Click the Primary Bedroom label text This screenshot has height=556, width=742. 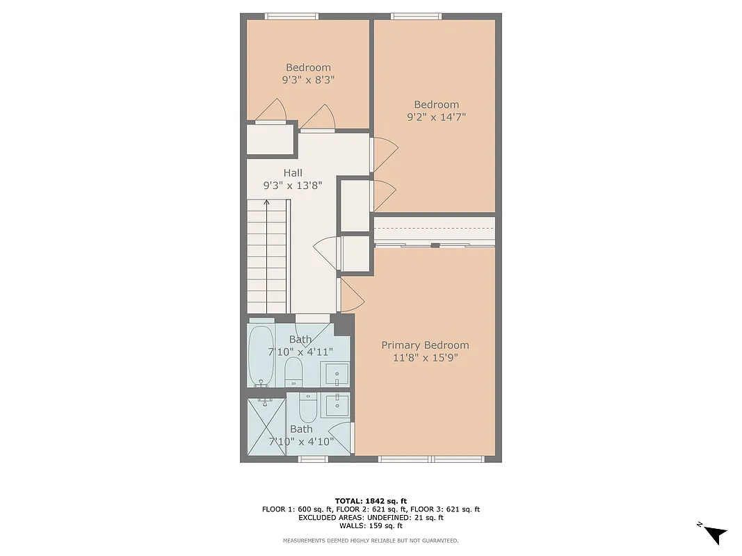(425, 345)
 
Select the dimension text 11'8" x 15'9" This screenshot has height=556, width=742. (425, 358)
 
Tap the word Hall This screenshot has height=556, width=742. (293, 173)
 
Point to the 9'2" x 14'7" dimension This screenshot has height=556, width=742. (436, 117)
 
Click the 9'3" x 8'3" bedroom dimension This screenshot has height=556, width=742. (308, 80)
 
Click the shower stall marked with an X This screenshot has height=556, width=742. (267, 425)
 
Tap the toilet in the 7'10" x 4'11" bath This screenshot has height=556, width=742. (293, 371)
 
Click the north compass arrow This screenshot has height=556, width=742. (714, 534)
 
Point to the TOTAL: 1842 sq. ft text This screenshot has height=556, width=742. (371, 500)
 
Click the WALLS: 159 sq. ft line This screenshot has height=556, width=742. (371, 526)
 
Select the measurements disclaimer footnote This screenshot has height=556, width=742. (371, 541)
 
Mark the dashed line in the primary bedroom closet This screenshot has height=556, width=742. (435, 228)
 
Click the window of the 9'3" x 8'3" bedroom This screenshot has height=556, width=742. (291, 16)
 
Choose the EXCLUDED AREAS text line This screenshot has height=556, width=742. (371, 518)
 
